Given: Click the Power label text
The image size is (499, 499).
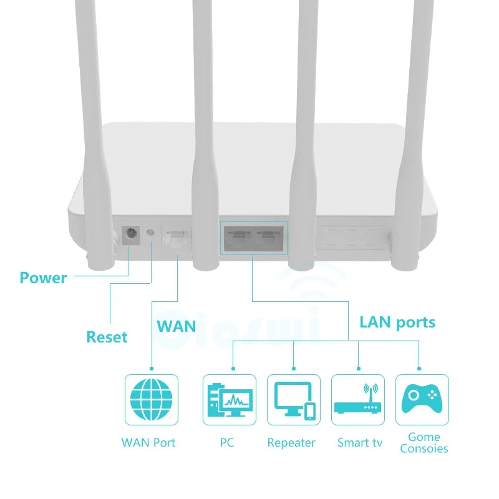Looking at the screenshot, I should (x=43, y=278).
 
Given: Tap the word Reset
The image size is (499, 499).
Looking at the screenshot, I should (x=107, y=337).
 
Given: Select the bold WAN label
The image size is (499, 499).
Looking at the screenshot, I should (x=176, y=326).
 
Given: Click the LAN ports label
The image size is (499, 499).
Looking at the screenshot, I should (x=397, y=322).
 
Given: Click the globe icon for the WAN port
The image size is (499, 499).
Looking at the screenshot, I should (x=151, y=399).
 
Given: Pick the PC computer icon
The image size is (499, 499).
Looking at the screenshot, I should (x=229, y=399).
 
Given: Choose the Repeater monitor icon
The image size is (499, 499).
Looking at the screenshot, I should (x=294, y=399).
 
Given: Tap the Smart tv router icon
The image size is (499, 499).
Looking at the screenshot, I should (x=357, y=399).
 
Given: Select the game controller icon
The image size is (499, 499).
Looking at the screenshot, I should (x=422, y=399).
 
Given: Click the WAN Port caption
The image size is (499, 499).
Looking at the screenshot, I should (x=148, y=443).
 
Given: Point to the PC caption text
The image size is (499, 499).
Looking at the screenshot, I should (x=227, y=443).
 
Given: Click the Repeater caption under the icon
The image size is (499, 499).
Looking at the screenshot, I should (x=291, y=443).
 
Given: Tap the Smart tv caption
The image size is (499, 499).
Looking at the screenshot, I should (x=360, y=443).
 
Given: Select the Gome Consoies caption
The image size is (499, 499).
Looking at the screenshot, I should (x=424, y=443).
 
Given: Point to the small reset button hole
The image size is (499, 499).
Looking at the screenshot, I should (x=150, y=233).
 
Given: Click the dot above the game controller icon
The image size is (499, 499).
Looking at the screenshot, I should (x=419, y=368).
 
